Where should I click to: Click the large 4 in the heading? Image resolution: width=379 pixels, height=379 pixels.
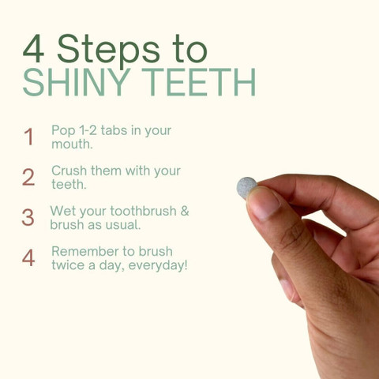click(33, 49)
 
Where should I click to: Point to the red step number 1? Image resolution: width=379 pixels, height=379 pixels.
click(28, 137)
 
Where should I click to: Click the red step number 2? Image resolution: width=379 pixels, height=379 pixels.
click(28, 177)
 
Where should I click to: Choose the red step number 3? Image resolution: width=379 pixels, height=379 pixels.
click(28, 217)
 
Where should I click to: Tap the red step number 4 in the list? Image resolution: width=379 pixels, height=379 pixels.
click(28, 258)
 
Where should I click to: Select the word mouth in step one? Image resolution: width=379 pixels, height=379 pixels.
click(72, 144)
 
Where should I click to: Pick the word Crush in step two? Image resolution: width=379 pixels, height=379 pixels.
click(69, 171)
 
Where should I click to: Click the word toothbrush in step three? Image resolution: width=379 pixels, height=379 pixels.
click(144, 211)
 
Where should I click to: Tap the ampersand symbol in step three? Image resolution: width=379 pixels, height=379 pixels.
click(185, 211)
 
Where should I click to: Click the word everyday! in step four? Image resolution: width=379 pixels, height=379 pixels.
click(158, 265)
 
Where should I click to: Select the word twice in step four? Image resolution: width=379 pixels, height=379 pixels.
click(69, 265)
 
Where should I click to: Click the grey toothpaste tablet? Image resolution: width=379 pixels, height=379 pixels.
click(246, 187)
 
